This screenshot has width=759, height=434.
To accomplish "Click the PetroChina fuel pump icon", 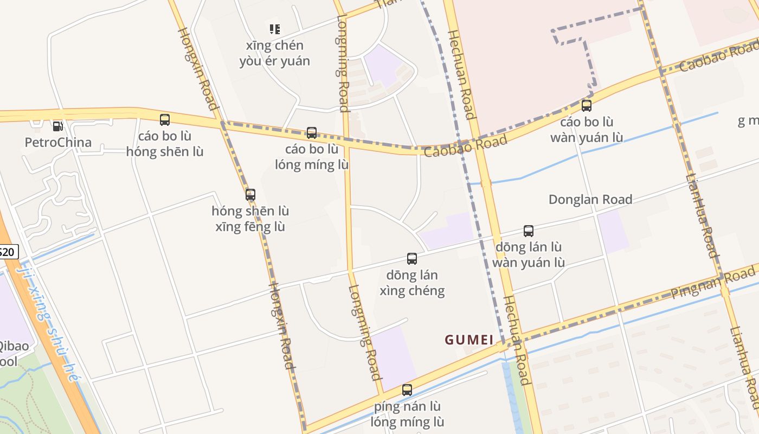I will click(57, 126).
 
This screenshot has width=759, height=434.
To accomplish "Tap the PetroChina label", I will click(58, 143).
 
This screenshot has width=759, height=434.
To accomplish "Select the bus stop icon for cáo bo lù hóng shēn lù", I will click(165, 120).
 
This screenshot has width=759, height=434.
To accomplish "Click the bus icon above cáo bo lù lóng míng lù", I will click(312, 133).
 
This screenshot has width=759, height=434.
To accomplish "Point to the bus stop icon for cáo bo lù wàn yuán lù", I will click(587, 106).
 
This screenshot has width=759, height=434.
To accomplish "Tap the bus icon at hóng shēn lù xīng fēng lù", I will click(250, 195).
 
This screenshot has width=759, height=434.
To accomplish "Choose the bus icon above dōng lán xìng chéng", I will click(412, 259).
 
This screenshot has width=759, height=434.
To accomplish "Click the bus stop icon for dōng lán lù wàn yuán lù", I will click(529, 231).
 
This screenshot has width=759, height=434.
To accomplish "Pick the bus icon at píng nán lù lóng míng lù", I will click(407, 390).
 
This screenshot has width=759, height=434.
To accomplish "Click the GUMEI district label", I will click(469, 340).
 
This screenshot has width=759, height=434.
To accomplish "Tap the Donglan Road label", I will click(590, 200).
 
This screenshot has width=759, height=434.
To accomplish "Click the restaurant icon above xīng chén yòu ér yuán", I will click(275, 29).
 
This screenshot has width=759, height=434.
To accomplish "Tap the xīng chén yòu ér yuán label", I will click(275, 53).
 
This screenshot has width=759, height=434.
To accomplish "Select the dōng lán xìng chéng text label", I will click(412, 283).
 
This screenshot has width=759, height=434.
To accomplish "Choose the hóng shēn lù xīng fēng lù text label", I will click(250, 219).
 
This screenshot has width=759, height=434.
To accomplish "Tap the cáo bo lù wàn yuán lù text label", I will click(587, 130).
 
